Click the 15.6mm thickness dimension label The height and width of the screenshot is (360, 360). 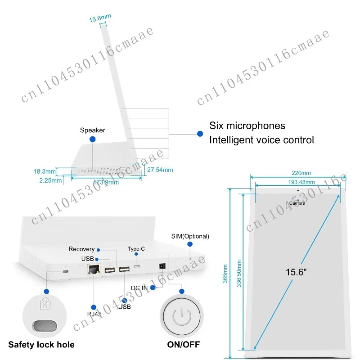[100, 19]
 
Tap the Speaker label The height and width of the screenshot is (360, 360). [93, 130]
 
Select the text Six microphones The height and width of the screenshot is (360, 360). [247, 126]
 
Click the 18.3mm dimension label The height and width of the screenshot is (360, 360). [45, 171]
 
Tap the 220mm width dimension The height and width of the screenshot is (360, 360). [301, 173]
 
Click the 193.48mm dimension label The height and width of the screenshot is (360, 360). [301, 182]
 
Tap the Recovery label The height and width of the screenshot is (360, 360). [81, 249]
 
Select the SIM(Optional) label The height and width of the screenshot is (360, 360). [190, 236]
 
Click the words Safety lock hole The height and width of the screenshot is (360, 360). [41, 345]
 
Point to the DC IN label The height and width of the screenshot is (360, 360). [139, 287]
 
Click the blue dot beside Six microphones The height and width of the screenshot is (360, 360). [200, 133]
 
